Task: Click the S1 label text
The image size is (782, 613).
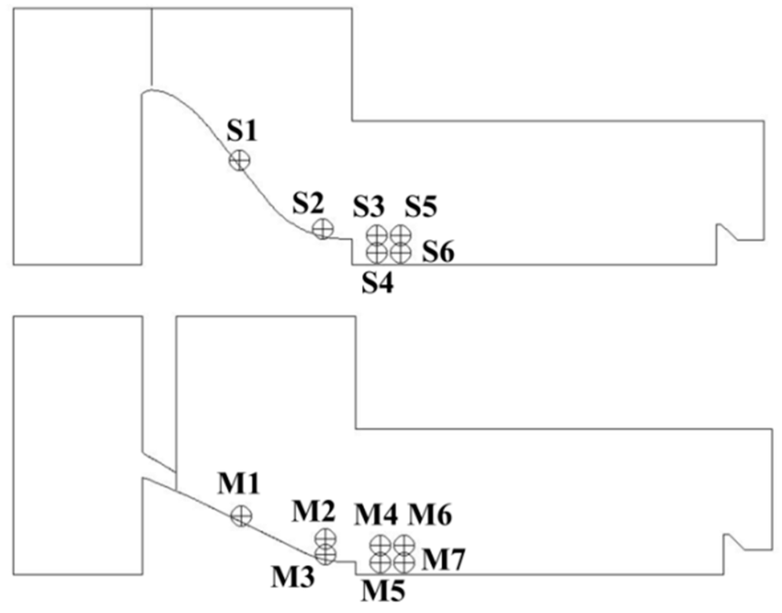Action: tap(243, 131)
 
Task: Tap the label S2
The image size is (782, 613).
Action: tap(309, 204)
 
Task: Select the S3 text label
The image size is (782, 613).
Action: tap(370, 206)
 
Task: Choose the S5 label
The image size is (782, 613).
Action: tap(421, 206)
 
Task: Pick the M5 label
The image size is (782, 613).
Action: tap(381, 590)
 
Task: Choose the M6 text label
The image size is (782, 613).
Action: tap(429, 516)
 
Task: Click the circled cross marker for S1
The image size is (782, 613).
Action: tap(240, 160)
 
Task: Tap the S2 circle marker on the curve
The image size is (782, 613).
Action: tap(323, 228)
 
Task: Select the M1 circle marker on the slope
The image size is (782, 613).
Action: tap(241, 516)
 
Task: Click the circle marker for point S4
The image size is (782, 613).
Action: tap(376, 250)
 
